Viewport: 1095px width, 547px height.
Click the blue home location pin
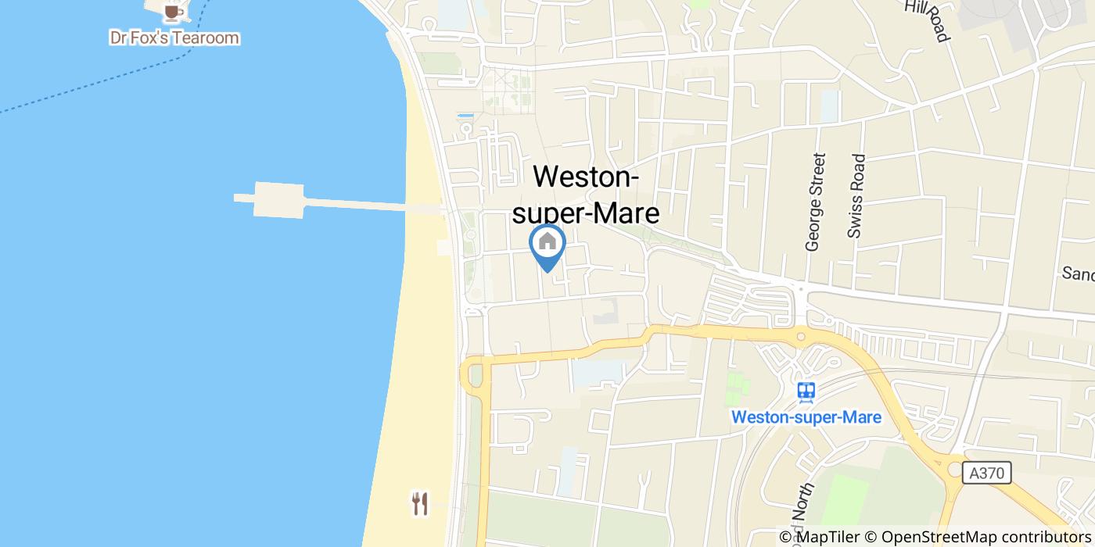(x=547, y=244)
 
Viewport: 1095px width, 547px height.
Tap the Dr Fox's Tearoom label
(x=174, y=38)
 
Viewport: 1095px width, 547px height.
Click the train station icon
(x=806, y=391)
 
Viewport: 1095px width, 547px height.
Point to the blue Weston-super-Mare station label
(x=806, y=417)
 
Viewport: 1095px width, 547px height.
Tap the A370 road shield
(x=986, y=473)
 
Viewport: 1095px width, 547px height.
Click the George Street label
(x=815, y=202)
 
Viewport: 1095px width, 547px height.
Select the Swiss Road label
(x=856, y=195)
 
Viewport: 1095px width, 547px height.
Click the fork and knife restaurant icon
(x=420, y=503)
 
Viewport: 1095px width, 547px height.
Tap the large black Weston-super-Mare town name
(x=586, y=195)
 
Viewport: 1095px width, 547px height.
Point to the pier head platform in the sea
(x=278, y=200)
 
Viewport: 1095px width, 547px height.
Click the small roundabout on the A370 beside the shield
(x=956, y=469)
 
